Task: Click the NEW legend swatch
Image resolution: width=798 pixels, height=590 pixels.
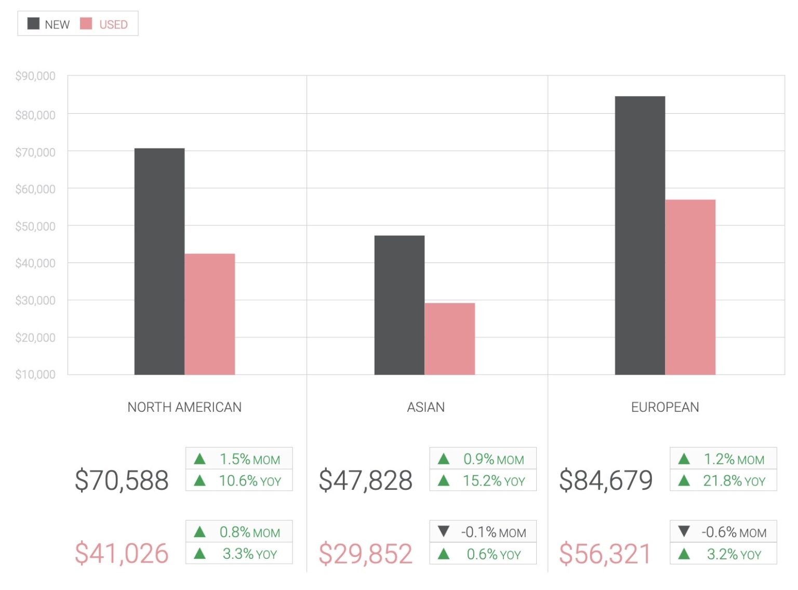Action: [33, 24]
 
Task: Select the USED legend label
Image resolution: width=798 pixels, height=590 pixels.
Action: [113, 24]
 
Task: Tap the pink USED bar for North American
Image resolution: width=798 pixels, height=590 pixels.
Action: [210, 314]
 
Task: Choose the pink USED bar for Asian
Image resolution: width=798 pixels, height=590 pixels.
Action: [450, 339]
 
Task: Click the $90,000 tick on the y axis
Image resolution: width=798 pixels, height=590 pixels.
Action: [35, 76]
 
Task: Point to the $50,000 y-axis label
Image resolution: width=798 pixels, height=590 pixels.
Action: [35, 226]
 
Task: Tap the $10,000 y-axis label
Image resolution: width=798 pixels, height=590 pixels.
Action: [35, 374]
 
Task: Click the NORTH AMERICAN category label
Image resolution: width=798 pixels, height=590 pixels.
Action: [184, 407]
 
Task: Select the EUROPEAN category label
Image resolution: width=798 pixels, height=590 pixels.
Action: [665, 407]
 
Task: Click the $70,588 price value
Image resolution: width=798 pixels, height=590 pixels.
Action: [122, 480]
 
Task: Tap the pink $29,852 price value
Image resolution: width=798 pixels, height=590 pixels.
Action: [366, 554]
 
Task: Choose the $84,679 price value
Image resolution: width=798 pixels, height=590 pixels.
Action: [606, 480]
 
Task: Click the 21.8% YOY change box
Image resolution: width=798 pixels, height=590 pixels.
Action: [723, 481]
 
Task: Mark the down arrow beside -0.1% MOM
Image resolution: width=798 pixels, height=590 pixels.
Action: [444, 531]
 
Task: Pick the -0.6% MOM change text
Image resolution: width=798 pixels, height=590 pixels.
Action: [734, 532]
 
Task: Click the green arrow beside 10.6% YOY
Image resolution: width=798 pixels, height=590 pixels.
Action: [199, 481]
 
